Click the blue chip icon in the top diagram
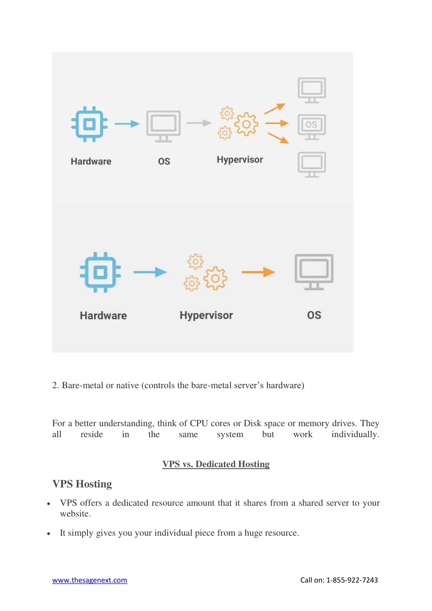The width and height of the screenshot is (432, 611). click(x=89, y=124)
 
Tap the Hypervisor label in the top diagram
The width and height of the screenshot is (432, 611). click(x=239, y=160)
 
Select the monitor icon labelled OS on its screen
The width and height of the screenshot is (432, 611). click(x=312, y=127)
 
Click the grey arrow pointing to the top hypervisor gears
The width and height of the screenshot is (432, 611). click(x=199, y=123)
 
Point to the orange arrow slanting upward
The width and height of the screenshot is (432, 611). click(x=275, y=108)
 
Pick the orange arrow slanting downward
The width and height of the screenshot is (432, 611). click(x=278, y=138)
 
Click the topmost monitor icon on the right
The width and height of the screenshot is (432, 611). click(x=312, y=90)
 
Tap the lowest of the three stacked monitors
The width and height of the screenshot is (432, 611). click(x=312, y=165)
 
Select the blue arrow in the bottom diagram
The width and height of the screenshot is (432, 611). click(x=150, y=272)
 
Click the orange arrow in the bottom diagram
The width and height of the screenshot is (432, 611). click(x=258, y=272)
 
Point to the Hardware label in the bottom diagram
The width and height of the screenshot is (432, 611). click(x=103, y=316)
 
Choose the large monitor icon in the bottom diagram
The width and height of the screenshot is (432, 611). click(x=314, y=272)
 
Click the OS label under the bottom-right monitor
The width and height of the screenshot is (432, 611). click(x=314, y=315)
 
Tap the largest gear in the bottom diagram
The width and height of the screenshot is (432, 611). click(x=215, y=278)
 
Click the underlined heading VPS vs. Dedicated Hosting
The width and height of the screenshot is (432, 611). click(x=216, y=464)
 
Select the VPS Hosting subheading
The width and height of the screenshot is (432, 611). click(x=82, y=484)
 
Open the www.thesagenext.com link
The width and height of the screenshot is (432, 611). click(x=90, y=580)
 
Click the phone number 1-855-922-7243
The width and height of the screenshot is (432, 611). click(x=352, y=580)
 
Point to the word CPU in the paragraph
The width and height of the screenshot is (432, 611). click(x=199, y=423)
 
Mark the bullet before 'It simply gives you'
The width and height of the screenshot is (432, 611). click(x=49, y=533)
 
